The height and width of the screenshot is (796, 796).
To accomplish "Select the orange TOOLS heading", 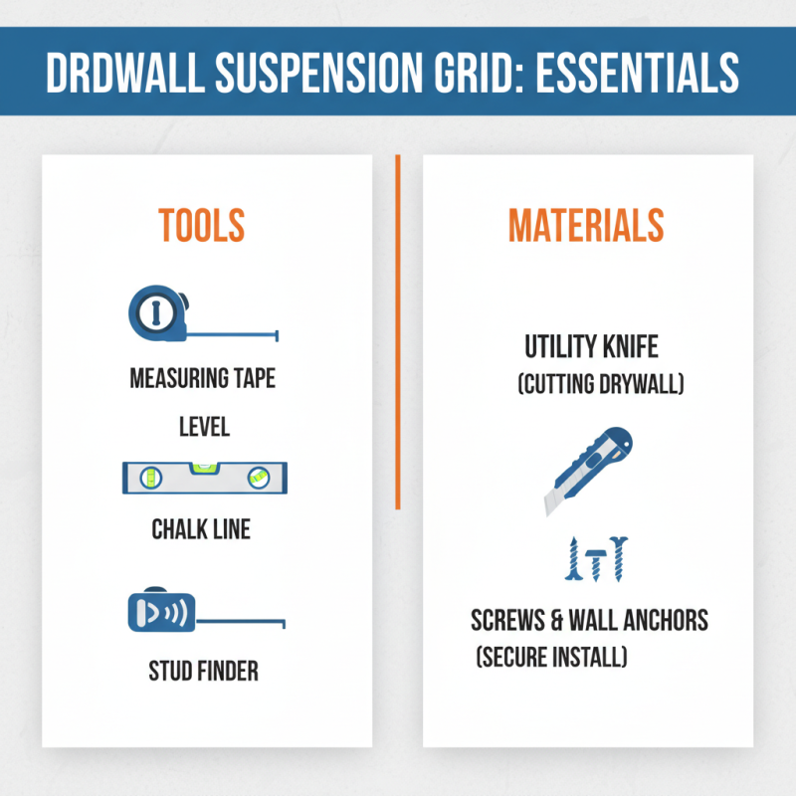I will click(201, 226).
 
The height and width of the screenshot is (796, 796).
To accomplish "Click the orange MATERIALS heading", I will click(585, 226).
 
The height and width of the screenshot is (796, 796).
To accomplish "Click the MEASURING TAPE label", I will click(203, 379).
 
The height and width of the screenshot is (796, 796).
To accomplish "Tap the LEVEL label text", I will click(204, 428).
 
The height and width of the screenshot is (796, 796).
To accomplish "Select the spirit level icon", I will click(203, 478).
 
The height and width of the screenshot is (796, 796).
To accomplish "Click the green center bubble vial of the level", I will click(203, 465).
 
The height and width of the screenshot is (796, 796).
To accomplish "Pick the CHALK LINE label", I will click(201, 529).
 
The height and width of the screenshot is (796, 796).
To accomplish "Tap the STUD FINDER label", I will click(203, 671).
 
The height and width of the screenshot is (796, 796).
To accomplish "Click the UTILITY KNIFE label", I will click(592, 347).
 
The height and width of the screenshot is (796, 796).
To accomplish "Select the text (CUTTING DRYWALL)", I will click(601, 384).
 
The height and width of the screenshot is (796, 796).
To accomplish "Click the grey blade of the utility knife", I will click(554, 501).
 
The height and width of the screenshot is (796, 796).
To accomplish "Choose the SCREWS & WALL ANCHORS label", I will click(589, 621).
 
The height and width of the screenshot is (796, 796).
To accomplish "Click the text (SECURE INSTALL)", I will click(551, 658).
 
